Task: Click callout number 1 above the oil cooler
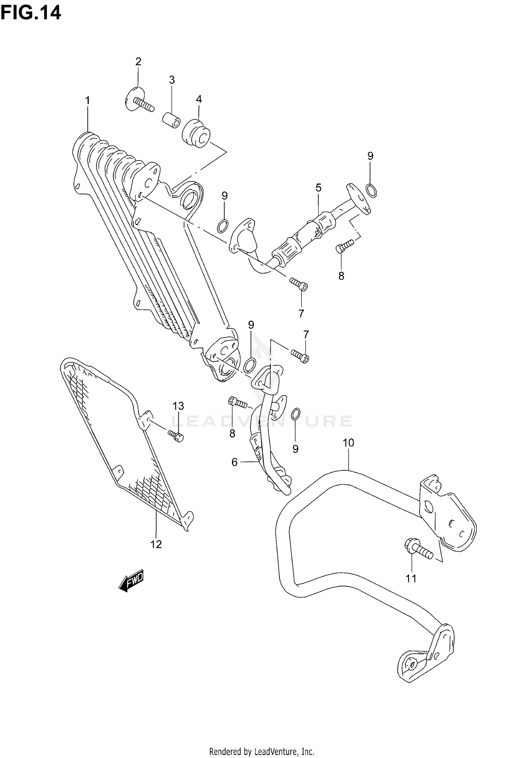(x=88, y=101)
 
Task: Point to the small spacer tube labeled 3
(x=171, y=121)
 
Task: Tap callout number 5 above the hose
(x=318, y=188)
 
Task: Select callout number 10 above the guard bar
(x=348, y=443)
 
